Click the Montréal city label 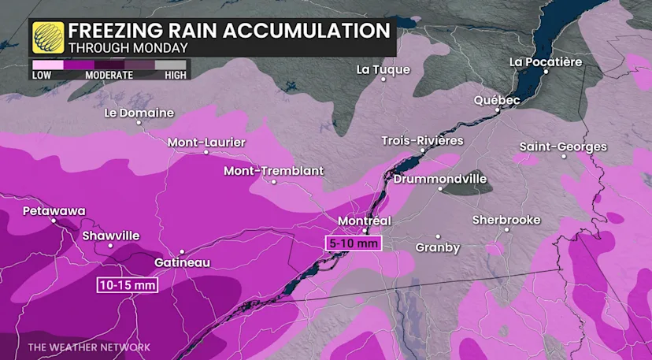point(365,221)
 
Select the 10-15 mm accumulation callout point(128,284)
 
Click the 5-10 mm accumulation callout point(353,243)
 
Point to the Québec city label point(497,100)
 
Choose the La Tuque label point(383,69)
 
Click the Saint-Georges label point(563,147)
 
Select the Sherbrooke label point(506,220)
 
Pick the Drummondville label point(440,179)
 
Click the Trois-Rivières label point(422,140)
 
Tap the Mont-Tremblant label point(273,171)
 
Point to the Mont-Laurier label point(206,143)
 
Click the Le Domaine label point(139,113)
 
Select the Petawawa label point(54,211)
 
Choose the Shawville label point(110,236)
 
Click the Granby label point(437,247)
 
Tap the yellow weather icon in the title point(48,37)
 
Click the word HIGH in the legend point(175,76)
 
